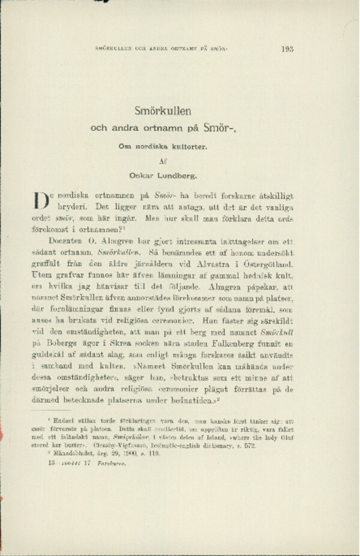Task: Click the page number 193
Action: tap(287, 50)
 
